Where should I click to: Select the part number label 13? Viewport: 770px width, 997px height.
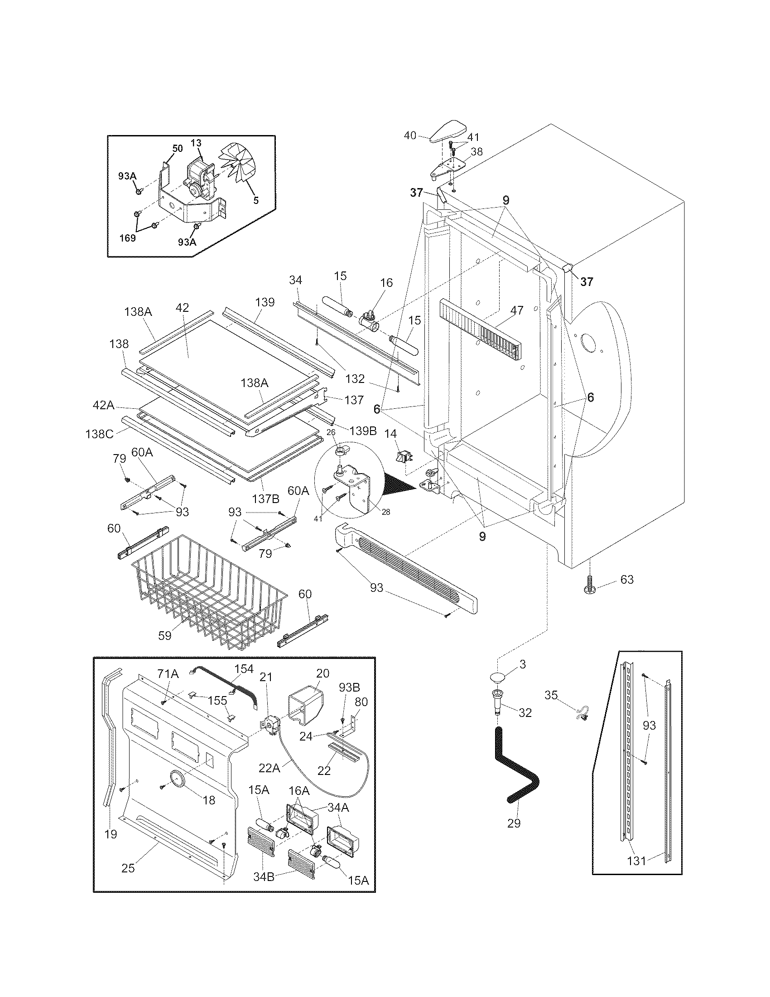196,143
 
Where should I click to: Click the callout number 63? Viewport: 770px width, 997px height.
627,579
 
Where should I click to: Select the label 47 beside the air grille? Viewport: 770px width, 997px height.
517,310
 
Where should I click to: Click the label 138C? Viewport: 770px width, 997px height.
99,434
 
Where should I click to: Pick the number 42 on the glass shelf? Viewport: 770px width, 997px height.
182,308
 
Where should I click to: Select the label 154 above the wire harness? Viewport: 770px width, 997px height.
244,669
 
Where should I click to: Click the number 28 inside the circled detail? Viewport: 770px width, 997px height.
386,512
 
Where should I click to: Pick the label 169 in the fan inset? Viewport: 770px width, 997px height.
127,238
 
